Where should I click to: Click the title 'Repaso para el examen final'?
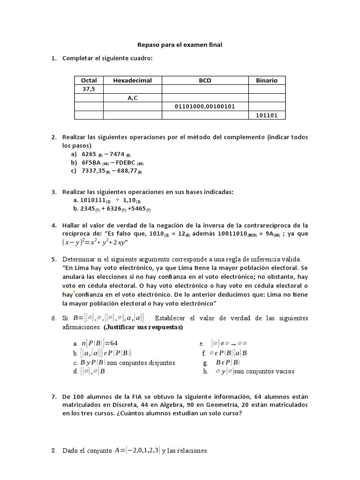pos(180,45)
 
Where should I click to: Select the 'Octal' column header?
pos(89,80)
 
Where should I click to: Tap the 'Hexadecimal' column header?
pos(132,80)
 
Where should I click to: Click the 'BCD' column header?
pos(205,80)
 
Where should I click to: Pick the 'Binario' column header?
pos(266,80)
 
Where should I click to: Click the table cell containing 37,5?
pos(89,89)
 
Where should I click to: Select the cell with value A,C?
pos(132,98)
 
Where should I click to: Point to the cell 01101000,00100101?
pos(205,106)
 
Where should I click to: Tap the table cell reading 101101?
pos(266,115)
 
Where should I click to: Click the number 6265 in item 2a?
pos(89,154)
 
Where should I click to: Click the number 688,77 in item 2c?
pos(123,171)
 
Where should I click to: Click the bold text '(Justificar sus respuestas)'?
pos(143,327)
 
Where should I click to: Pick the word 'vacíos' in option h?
pos(283,371)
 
